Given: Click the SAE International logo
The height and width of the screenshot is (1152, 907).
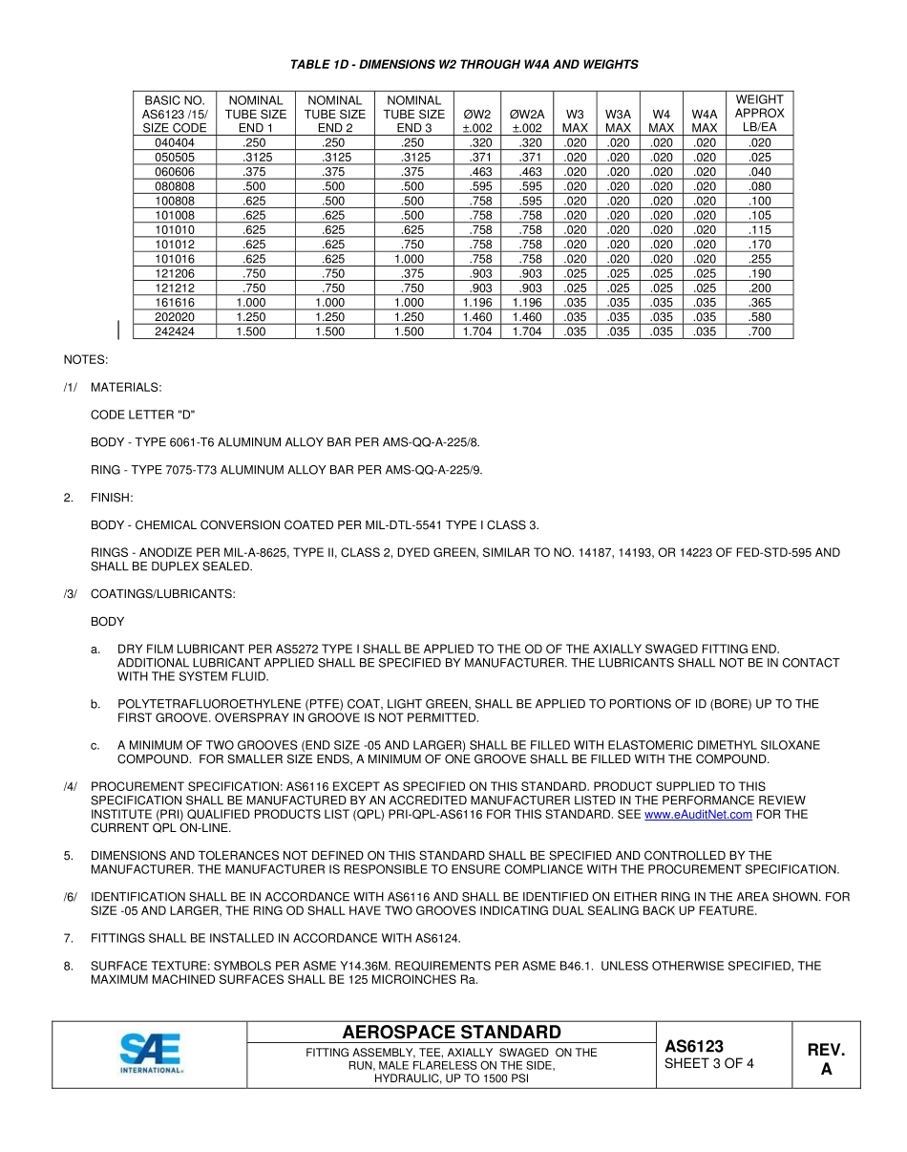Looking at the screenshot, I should [x=150, y=1055].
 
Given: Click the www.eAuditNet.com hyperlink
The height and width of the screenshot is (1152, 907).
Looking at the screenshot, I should [x=698, y=815].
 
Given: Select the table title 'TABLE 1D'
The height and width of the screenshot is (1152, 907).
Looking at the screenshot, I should [x=464, y=64].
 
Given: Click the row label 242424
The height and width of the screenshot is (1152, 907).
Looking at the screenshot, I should [x=174, y=331].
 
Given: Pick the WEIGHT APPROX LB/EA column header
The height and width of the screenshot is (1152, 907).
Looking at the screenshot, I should [x=759, y=114].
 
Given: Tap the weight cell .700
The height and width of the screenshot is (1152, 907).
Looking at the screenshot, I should [x=759, y=331].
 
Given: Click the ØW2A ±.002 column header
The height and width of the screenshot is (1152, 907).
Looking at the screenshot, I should [x=526, y=120].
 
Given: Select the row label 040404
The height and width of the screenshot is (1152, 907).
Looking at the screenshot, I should [x=174, y=142].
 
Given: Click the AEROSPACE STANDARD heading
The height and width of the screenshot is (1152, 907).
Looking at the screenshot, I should [x=452, y=1033].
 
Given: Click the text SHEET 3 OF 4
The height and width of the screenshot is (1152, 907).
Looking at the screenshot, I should [x=708, y=1064].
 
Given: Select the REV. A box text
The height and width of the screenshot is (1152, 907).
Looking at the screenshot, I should [x=826, y=1059].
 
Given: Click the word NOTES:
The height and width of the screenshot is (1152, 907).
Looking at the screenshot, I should [x=86, y=360].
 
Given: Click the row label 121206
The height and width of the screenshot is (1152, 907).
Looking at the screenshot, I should [x=174, y=273].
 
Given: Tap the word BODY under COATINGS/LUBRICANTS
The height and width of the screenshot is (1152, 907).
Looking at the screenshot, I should [x=108, y=622].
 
